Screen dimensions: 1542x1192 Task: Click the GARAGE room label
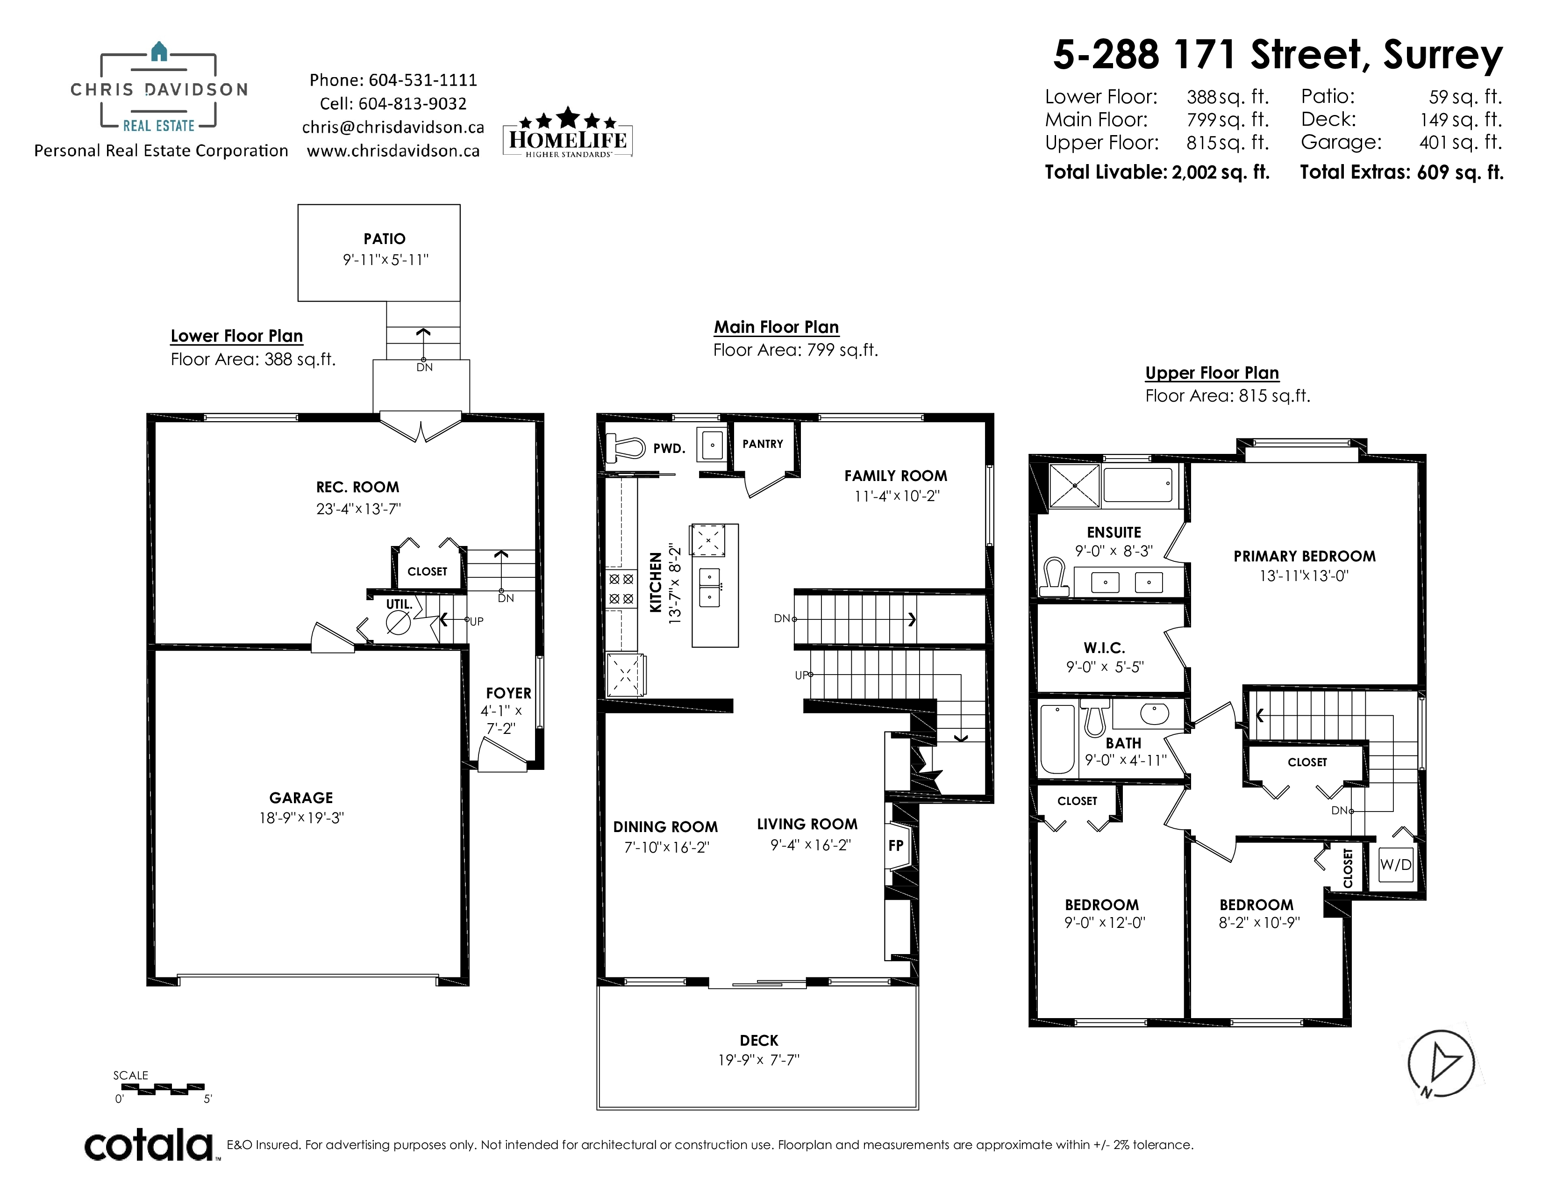click(301, 797)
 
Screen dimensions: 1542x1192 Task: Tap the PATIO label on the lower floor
click(385, 239)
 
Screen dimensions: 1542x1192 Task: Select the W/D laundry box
click(1396, 864)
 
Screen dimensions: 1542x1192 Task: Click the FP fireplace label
click(896, 845)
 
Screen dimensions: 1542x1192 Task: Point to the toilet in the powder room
click(626, 447)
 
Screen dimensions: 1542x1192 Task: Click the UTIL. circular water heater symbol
click(398, 623)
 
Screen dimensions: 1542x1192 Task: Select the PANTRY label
click(763, 444)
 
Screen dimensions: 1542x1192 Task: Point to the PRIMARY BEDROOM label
click(1305, 556)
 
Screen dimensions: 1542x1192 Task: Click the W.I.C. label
click(1104, 647)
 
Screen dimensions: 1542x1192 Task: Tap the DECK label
click(759, 1040)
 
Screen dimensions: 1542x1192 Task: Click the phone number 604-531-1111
click(423, 80)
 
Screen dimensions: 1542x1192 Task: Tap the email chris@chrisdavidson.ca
click(393, 127)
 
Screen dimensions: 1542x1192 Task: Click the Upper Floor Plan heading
click(1212, 373)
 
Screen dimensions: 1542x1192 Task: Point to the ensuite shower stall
click(1075, 485)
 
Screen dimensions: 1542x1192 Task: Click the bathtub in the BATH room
click(1057, 739)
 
